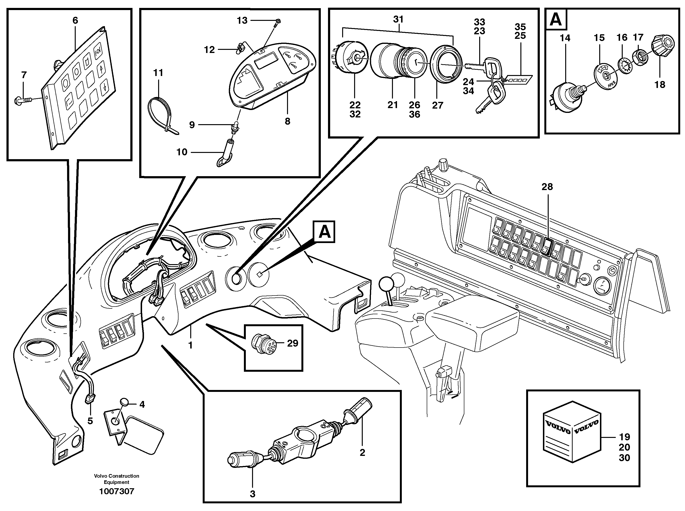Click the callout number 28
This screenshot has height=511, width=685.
pyautogui.click(x=547, y=186)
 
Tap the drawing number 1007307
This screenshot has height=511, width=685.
pyautogui.click(x=117, y=492)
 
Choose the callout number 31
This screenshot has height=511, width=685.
pyautogui.click(x=398, y=19)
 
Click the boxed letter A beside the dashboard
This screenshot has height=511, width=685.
pyautogui.click(x=324, y=232)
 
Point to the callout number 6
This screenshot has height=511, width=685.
pyautogui.click(x=75, y=20)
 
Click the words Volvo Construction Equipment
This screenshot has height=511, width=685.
pyautogui.click(x=117, y=479)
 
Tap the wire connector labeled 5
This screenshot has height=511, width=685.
pyautogui.click(x=90, y=400)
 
